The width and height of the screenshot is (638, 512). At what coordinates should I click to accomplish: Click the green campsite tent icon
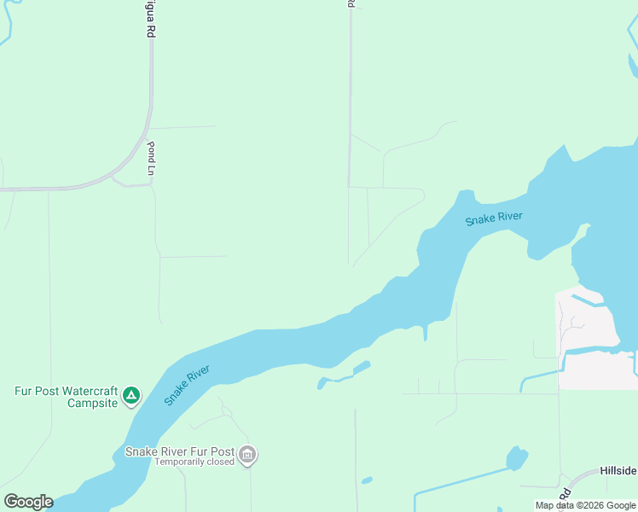(130, 395)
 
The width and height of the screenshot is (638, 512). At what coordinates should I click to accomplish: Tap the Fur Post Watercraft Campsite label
(66, 397)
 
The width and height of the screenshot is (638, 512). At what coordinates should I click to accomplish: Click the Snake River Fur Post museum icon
(247, 456)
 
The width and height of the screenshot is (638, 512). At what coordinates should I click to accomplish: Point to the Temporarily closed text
(194, 462)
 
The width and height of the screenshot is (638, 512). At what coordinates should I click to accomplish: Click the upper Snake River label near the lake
(493, 218)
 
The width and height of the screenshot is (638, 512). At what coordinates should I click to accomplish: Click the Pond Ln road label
(151, 158)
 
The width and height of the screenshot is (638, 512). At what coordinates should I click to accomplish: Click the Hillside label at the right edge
(618, 470)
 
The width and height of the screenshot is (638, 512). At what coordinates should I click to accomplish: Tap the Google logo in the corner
(28, 501)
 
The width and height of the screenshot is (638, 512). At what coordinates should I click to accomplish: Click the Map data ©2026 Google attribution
(586, 505)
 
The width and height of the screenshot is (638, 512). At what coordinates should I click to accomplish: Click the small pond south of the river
(362, 367)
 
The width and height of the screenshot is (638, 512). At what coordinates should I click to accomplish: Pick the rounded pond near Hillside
(517, 458)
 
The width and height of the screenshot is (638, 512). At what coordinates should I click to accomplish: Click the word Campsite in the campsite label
(91, 403)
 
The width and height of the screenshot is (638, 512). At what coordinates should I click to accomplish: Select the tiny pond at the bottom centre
(366, 480)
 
